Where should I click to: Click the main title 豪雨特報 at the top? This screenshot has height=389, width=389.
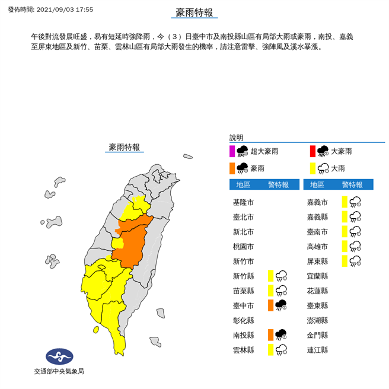pyautogui.click(x=194, y=12)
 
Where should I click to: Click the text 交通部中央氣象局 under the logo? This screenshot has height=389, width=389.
pyautogui.click(x=59, y=371)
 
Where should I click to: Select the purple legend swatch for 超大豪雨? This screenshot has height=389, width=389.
pyautogui.click(x=233, y=151)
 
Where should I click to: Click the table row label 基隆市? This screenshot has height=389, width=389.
pyautogui.click(x=244, y=202)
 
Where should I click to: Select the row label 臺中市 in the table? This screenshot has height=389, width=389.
pyautogui.click(x=244, y=305)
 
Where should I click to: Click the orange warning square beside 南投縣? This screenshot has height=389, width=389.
pyautogui.click(x=270, y=334)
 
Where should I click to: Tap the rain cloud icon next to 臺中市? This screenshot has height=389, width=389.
pyautogui.click(x=281, y=305)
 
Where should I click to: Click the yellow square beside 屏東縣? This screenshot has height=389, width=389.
pyautogui.click(x=345, y=261)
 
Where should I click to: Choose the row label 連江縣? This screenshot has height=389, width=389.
pyautogui.click(x=317, y=350)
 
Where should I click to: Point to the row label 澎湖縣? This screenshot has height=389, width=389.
pyautogui.click(x=317, y=320)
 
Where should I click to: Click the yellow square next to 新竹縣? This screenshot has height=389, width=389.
pyautogui.click(x=270, y=276)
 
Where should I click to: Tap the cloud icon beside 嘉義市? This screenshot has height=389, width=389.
pyautogui.click(x=355, y=202)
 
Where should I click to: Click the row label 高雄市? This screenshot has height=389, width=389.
pyautogui.click(x=317, y=246)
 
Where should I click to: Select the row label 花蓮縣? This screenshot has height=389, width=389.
pyautogui.click(x=317, y=291)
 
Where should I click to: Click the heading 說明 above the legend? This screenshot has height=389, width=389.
pyautogui.click(x=237, y=138)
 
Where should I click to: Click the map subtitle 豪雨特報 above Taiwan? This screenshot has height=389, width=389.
pyautogui.click(x=125, y=146)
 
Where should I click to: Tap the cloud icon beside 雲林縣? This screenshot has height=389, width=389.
pyautogui.click(x=281, y=350)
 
